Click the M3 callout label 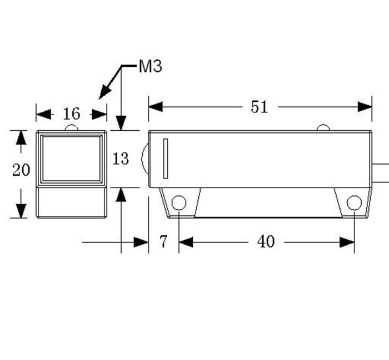150,67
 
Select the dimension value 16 71,114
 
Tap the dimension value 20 21,170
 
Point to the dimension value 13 121,159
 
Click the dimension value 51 259,107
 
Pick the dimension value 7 163,241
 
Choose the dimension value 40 266,241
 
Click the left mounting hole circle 178,203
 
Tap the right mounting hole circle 354,203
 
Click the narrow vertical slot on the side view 166,159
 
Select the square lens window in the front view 72,158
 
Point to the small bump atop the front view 72,128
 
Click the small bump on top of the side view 323,129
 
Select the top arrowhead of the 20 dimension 21,137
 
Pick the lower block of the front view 71,201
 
